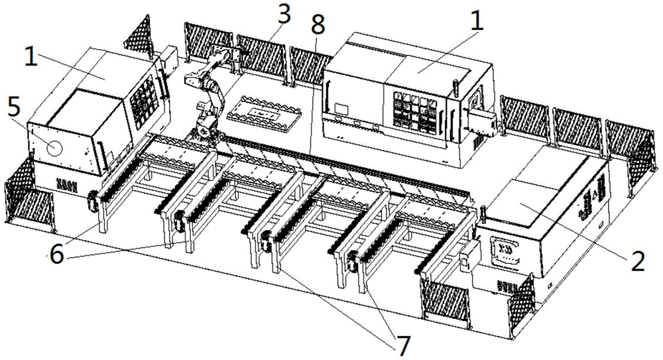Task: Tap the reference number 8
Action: coord(318,25)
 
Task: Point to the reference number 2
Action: coord(637,261)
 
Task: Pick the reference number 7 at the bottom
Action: coord(402,343)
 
